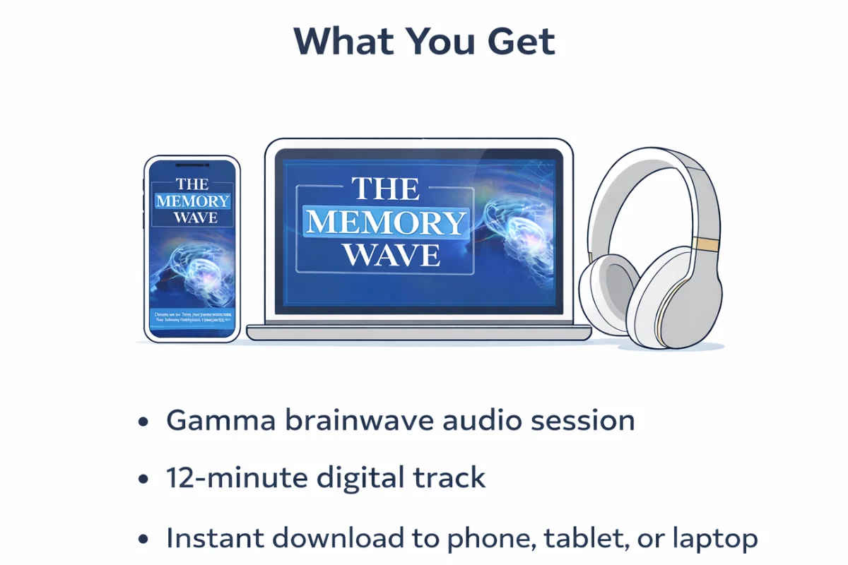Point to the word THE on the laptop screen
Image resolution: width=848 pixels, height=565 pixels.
click(x=386, y=191)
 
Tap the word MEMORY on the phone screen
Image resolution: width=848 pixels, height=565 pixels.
click(x=192, y=201)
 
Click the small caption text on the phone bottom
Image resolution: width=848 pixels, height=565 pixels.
click(x=192, y=319)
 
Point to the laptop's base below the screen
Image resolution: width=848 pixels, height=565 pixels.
click(x=418, y=333)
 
